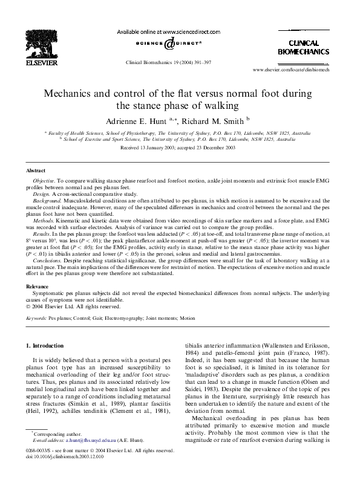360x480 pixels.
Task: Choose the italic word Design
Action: click(41, 195)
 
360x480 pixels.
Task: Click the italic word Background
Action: click(47, 203)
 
